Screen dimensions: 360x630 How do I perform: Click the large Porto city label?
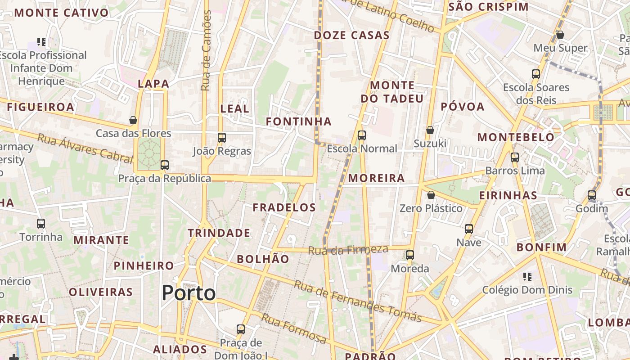[189, 293]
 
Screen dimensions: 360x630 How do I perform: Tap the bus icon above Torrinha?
[41, 223]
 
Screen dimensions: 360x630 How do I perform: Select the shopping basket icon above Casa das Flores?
[133, 120]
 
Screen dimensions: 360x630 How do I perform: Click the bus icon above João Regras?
[221, 138]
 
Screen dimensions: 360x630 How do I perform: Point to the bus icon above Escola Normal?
[361, 135]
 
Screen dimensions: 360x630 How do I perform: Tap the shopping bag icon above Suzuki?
[430, 130]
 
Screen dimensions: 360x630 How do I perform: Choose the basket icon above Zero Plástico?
[431, 195]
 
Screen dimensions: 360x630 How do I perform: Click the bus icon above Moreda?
[409, 255]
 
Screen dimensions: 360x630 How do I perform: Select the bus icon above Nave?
[469, 229]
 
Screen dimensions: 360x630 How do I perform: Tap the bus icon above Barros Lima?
[515, 157]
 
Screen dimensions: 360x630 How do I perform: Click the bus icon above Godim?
[592, 195]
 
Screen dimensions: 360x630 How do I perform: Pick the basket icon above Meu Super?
[560, 35]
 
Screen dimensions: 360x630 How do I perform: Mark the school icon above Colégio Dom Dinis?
[527, 276]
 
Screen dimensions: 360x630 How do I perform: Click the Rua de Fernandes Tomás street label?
[358, 301]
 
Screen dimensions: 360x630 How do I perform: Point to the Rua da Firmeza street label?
[348, 250]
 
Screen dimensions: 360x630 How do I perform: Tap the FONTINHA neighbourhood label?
[299, 121]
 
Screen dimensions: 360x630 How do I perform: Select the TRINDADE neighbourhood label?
[219, 233]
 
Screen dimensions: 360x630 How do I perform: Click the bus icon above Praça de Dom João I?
[241, 329]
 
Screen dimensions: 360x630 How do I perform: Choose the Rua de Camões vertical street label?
[206, 50]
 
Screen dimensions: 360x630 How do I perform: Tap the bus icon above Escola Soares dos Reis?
[536, 74]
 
